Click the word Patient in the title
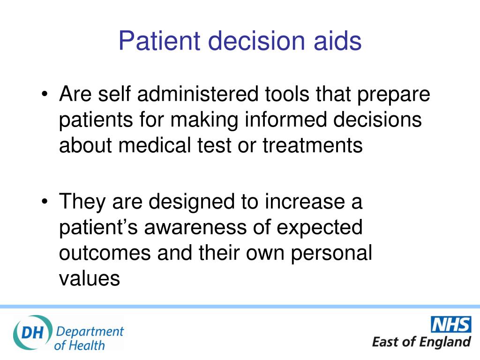[160, 40]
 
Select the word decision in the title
[256, 40]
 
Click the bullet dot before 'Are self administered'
[45, 94]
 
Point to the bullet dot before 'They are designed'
[45, 202]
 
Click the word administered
[198, 94]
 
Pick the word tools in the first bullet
[287, 94]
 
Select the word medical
[155, 145]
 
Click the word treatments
[313, 145]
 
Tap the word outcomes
[105, 254]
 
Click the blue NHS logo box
[451, 324]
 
